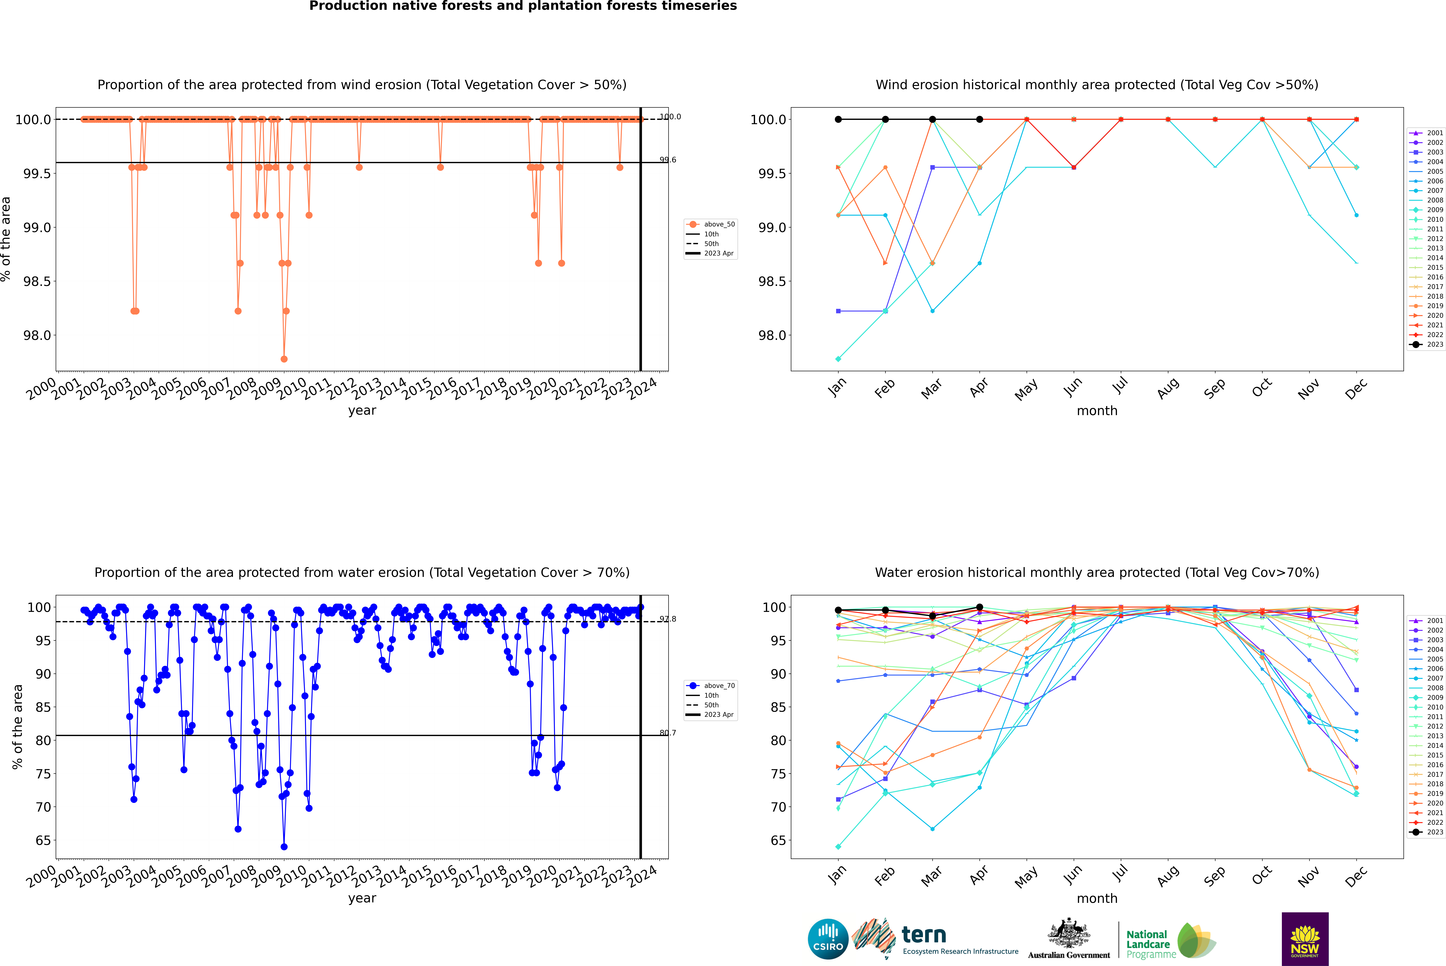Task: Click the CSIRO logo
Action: click(828, 939)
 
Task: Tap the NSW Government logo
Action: click(1305, 939)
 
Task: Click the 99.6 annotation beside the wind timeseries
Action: click(668, 160)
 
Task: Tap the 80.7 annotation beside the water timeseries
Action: click(668, 733)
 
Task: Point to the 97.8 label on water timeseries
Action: click(668, 619)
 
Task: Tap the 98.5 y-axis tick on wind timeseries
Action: click(37, 281)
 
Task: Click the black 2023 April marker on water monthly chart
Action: click(979, 607)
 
